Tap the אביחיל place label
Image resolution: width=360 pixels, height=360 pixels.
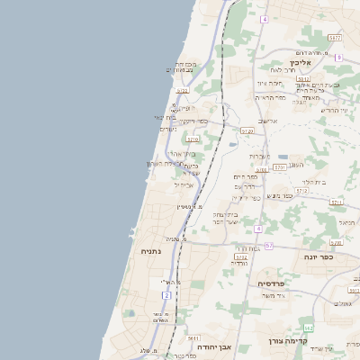[184, 184]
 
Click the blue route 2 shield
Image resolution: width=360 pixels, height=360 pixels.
[166, 294]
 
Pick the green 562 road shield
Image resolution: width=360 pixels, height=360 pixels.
[309, 326]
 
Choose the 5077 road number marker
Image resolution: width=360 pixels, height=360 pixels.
[335, 38]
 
